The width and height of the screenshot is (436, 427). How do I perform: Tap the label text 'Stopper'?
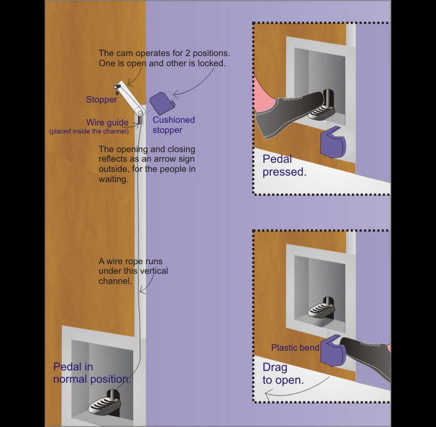pos(101,100)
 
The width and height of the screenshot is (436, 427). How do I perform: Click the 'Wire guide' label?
pos(107,123)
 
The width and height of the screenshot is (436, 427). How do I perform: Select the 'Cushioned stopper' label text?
pos(174,125)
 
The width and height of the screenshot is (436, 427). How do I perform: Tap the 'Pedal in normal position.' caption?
pos(92,373)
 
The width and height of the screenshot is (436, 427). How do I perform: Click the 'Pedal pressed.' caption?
pos(284,165)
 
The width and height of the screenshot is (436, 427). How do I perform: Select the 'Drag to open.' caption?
pos(282,374)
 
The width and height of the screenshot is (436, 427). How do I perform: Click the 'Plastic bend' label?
pos(295,347)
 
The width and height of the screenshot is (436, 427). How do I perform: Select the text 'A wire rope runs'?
pos(131,262)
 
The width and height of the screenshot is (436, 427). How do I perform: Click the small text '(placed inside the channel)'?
pos(89,131)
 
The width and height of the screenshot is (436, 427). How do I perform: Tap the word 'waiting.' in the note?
pos(113,180)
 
